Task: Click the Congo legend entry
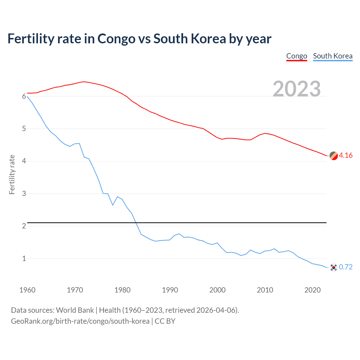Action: pos(296,56)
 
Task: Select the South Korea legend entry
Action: pos(332,56)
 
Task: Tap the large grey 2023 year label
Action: pos(297,89)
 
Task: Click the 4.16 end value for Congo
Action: pos(346,155)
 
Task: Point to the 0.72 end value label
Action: pos(346,267)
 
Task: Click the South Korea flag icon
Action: pos(334,267)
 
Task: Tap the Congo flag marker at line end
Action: pos(334,156)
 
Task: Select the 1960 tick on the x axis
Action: pos(27,290)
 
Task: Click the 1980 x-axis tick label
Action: pos(122,290)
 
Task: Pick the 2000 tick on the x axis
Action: pos(217,290)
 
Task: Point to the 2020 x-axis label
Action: pos(312,290)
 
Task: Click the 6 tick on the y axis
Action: pos(24,96)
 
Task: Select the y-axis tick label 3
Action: pos(24,193)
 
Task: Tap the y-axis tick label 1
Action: pos(24,258)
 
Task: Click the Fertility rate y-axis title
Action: pos(12,174)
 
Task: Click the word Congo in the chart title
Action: pos(116,39)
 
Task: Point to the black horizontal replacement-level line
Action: pos(177,223)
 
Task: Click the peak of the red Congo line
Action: pos(84,82)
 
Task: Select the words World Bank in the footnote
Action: pos(75,310)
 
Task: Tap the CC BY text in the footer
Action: pos(165,321)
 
